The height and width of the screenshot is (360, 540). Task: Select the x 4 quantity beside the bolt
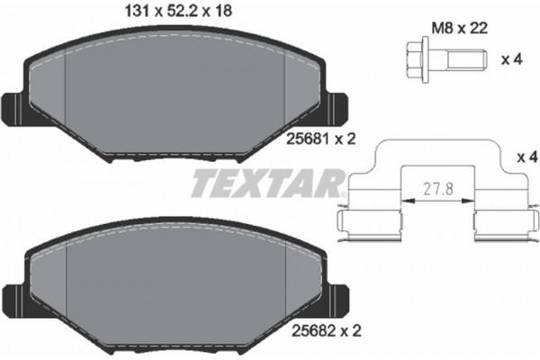coord(510,60)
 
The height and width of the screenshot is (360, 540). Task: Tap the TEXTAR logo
coord(267,185)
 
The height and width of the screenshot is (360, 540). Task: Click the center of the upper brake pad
coord(175,94)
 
